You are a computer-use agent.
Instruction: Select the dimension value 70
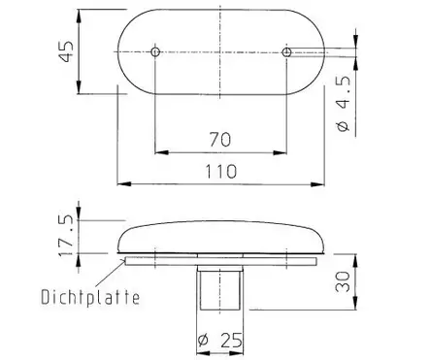pos(220,139)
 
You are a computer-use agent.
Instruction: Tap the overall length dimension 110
pos(220,169)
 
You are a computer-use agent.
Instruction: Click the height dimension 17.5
pos(63,236)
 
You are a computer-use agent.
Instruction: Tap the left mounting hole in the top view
pos(156,49)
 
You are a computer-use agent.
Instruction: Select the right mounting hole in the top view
pos(286,49)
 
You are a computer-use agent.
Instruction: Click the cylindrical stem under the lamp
pos(220,291)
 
